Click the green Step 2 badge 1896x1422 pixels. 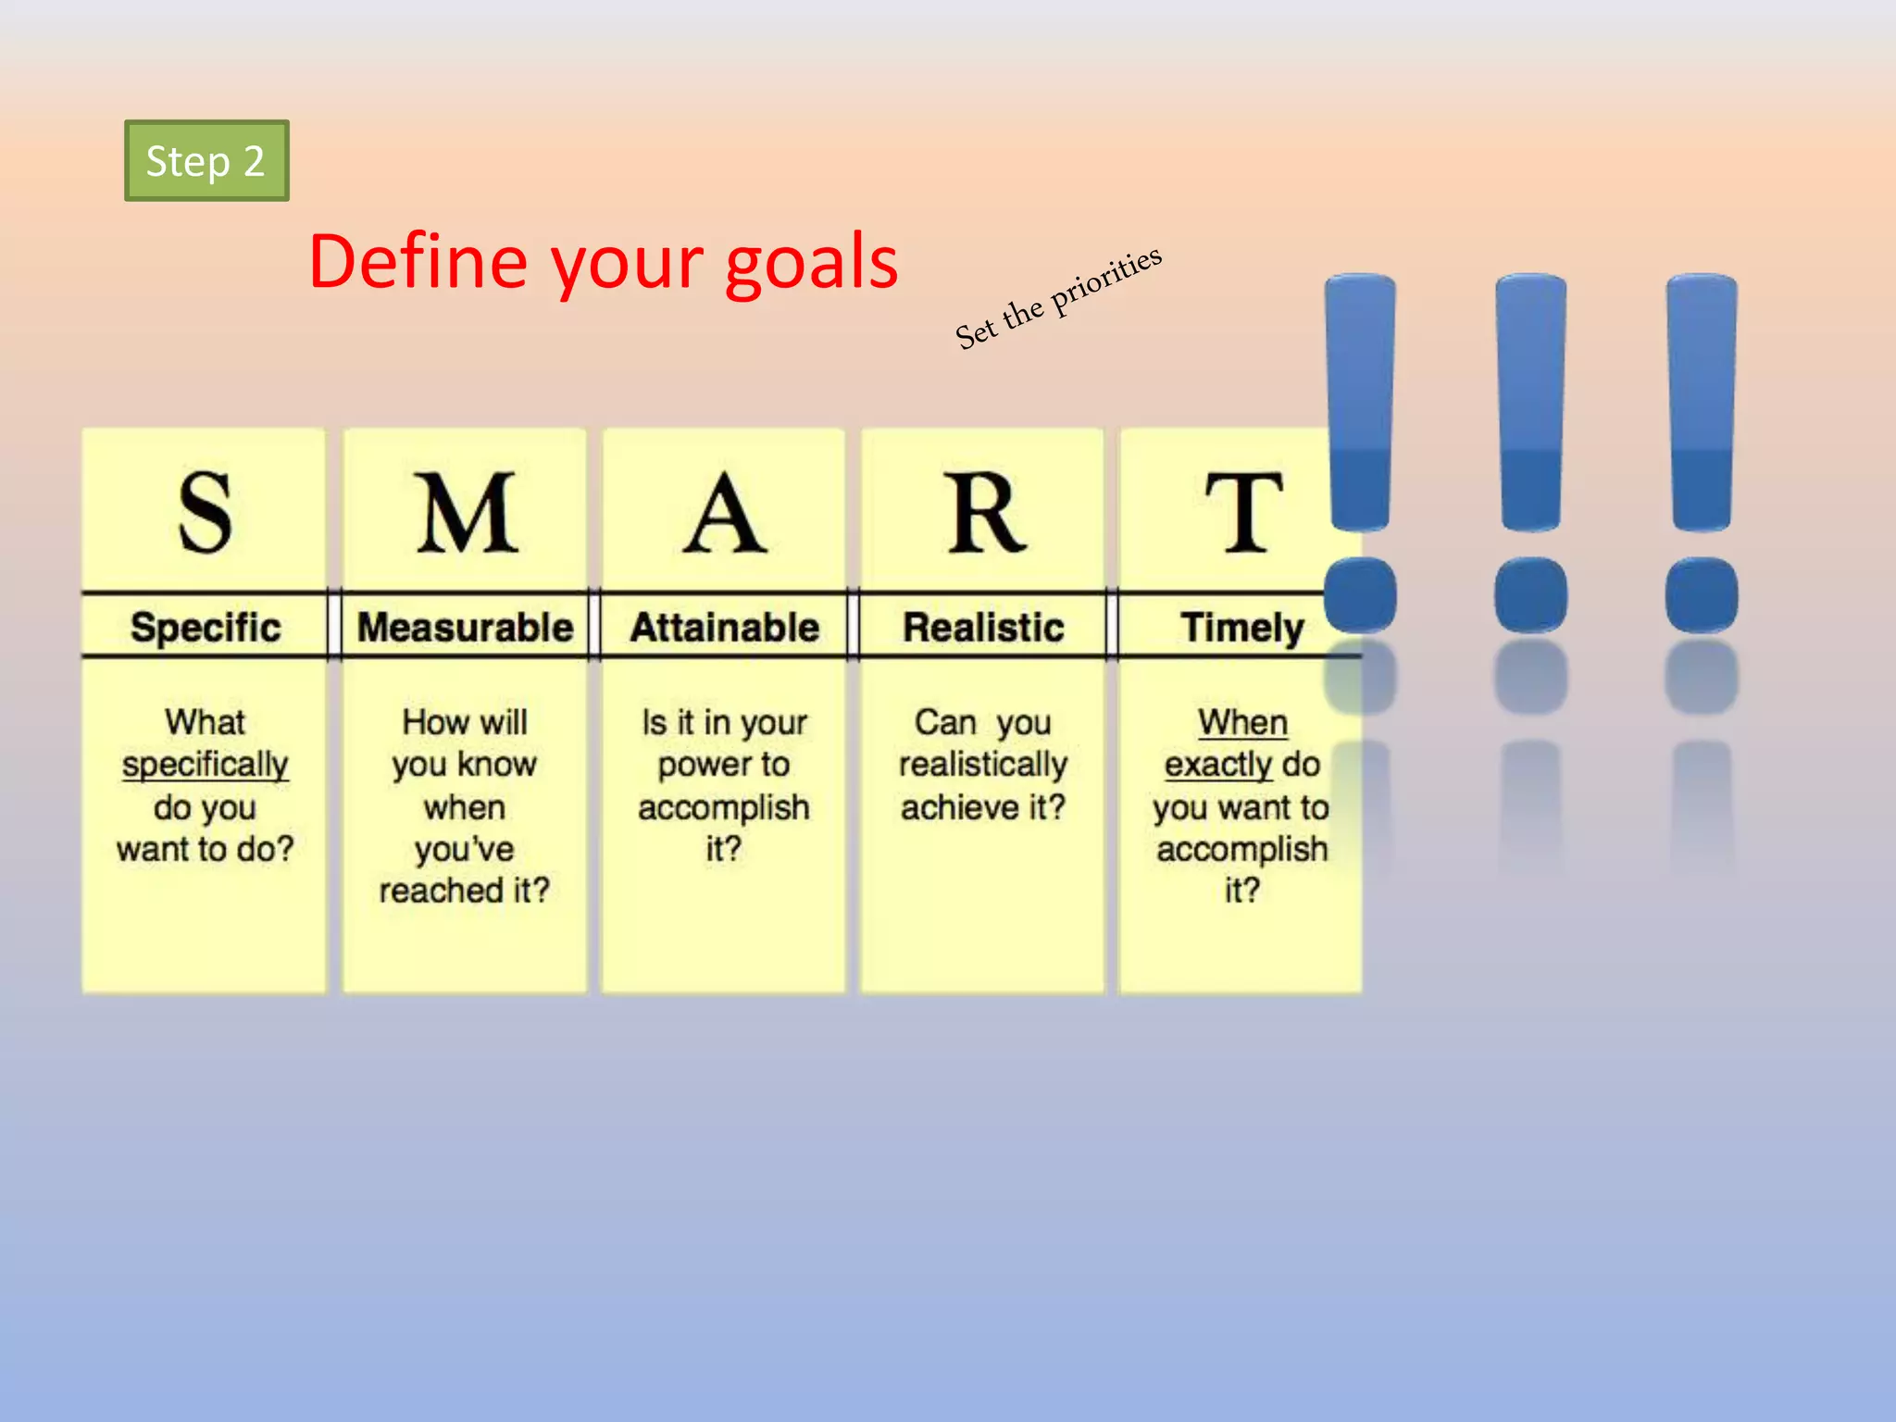coord(206,161)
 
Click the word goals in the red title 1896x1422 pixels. coord(811,264)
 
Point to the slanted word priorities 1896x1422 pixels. coord(1105,280)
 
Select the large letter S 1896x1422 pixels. coord(205,512)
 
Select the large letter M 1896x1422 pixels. coord(465,512)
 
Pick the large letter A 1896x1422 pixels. coord(724,512)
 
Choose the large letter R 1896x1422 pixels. coord(985,512)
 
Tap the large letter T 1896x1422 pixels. coord(1243,512)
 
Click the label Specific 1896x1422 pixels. coord(206,628)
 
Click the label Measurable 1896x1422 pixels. coord(465,628)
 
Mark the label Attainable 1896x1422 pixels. coord(724,628)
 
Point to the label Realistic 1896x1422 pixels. coord(983,628)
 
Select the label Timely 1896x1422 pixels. coord(1241,628)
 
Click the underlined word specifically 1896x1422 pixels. coord(205,766)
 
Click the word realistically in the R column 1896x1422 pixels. coord(983,765)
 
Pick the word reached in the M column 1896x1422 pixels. coord(441,891)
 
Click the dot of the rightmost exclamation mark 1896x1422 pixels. coord(1702,595)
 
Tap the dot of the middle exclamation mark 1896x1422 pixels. coord(1531,595)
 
